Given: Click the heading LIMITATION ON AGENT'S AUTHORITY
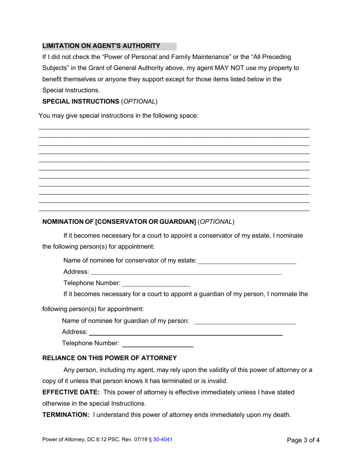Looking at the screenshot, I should pyautogui.click(x=101, y=46).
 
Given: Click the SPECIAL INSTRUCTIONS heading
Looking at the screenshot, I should pyautogui.click(x=81, y=101).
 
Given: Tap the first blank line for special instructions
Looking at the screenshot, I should pyautogui.click(x=174, y=128).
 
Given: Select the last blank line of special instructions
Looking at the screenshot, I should pyautogui.click(x=174, y=210).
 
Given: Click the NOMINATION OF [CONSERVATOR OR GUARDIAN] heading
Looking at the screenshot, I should pyautogui.click(x=119, y=222).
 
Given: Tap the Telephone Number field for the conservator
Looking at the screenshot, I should pyautogui.click(x=156, y=283).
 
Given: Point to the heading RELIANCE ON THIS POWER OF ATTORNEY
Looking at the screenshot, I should pyautogui.click(x=110, y=358).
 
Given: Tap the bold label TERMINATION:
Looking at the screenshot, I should pyautogui.click(x=66, y=414).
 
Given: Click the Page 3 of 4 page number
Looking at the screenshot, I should pyautogui.click(x=303, y=440).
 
